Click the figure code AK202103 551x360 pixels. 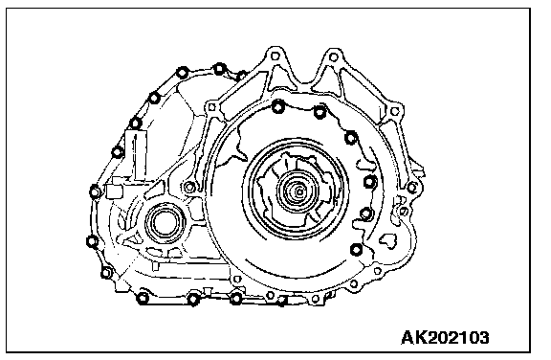pyautogui.click(x=445, y=338)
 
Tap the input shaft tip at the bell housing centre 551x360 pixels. pyautogui.click(x=299, y=191)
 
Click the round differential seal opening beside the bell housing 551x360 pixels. pyautogui.click(x=165, y=224)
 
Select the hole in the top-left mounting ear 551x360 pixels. pyautogui.click(x=275, y=56)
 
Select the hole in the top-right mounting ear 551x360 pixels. pyautogui.click(x=334, y=56)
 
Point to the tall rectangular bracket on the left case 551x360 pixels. pyautogui.click(x=136, y=154)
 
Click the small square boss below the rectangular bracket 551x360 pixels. pyautogui.click(x=114, y=191)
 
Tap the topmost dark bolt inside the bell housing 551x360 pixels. pyautogui.click(x=278, y=106)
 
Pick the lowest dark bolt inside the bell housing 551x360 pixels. pyautogui.click(x=356, y=250)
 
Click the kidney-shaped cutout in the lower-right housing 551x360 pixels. pyautogui.click(x=387, y=240)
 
